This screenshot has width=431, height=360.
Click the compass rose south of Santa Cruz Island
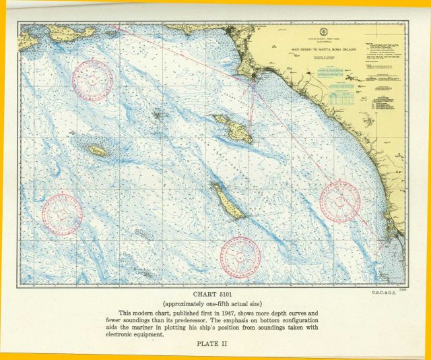click(92, 80)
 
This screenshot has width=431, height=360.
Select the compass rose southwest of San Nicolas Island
click(62, 214)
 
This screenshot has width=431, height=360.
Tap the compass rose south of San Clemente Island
click(240, 256)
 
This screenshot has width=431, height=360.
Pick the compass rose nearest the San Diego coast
click(340, 202)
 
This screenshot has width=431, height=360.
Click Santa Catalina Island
click(234, 128)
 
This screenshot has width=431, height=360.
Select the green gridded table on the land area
click(343, 99)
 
